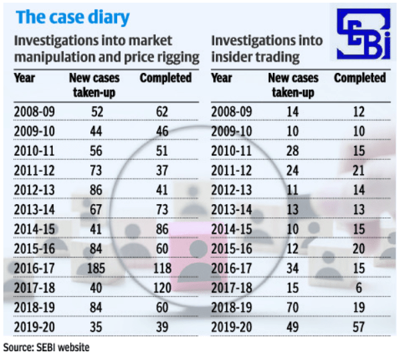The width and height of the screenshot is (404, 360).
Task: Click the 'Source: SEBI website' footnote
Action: pos(46,348)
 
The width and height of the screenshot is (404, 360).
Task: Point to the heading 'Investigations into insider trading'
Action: pos(267,49)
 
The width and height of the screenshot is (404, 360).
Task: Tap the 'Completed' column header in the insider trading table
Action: pos(359,78)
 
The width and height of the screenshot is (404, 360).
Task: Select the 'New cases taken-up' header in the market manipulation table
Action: pos(94,84)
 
